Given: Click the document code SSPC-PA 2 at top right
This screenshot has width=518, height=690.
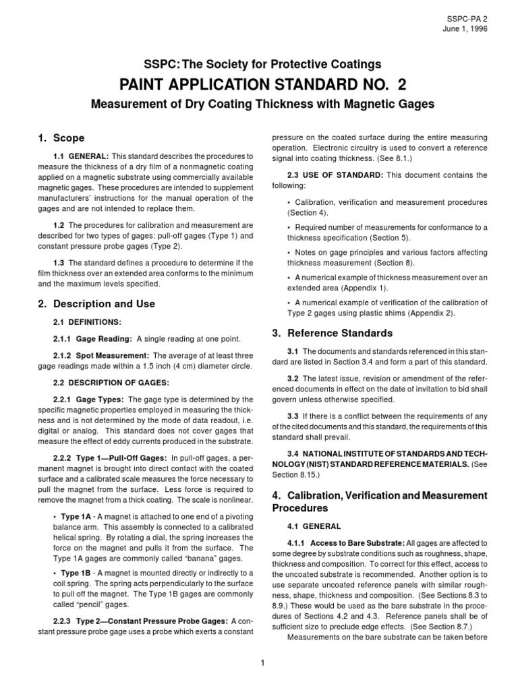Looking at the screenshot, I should (x=465, y=18).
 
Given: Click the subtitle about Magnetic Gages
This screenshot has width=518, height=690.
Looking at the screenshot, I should (x=258, y=106).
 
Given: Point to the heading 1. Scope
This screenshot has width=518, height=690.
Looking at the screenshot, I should (x=62, y=138).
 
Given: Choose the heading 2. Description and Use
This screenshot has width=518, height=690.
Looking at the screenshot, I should (x=97, y=304).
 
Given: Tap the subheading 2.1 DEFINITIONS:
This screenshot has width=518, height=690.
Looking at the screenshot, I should (x=87, y=322).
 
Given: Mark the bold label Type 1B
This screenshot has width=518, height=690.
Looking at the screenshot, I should (x=78, y=573).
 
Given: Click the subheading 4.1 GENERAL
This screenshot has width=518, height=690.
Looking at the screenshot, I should (x=316, y=524).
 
